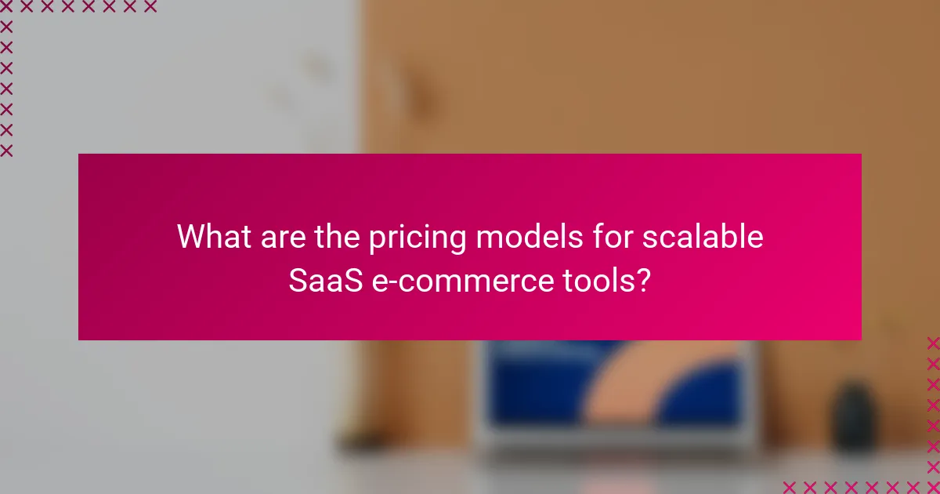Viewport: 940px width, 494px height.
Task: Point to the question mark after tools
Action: pos(643,280)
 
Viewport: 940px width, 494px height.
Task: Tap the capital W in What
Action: pos(190,236)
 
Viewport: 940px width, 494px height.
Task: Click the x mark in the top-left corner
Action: pos(6,7)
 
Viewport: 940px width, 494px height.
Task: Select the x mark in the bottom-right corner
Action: pos(932,486)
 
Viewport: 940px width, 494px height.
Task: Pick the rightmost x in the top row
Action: pos(150,7)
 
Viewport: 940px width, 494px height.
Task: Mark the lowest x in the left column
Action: pos(6,151)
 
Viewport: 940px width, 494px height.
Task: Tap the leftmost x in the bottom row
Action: pos(790,486)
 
